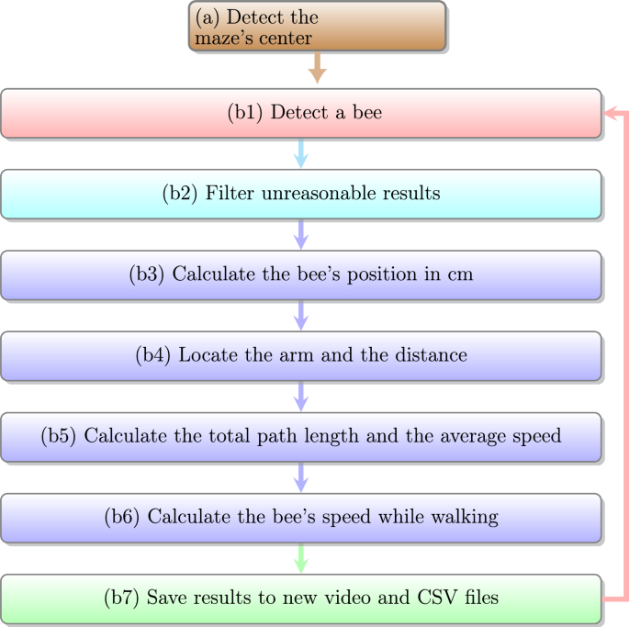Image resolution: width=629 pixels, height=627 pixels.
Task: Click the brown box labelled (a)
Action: point(318,26)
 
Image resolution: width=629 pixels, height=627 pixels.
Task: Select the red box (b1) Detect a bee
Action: point(301,113)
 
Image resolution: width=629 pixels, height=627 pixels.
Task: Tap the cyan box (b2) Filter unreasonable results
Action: point(301,194)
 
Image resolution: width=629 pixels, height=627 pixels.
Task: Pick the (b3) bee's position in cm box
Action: point(301,274)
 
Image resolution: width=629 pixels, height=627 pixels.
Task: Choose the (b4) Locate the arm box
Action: point(301,355)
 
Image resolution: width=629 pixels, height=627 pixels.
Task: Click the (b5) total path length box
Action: point(301,436)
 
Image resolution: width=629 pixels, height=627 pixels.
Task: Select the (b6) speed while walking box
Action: point(301,517)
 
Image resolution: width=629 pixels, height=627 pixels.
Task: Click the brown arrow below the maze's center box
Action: point(318,69)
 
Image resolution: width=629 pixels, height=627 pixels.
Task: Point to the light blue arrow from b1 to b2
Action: point(300,153)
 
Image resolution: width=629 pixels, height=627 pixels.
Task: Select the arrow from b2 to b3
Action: point(300,234)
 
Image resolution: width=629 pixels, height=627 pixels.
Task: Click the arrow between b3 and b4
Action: point(300,315)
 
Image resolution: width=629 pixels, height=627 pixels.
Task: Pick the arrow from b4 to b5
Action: point(300,396)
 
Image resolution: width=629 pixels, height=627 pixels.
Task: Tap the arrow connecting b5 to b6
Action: point(300,476)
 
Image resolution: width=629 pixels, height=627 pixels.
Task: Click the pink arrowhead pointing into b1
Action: point(610,113)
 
